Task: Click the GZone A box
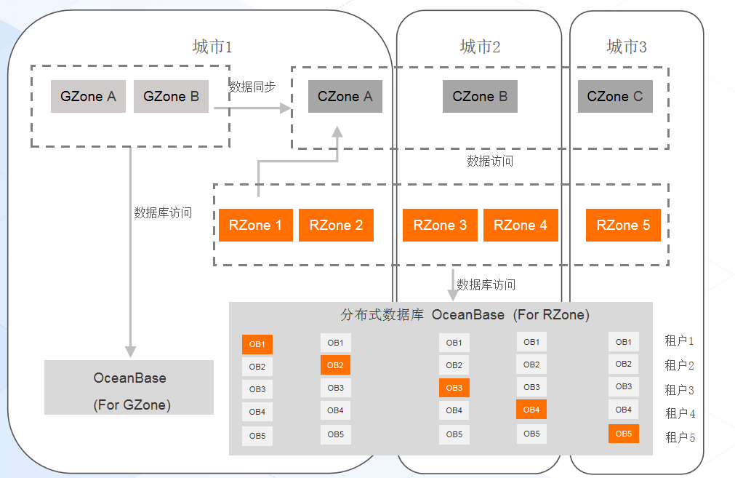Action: pos(88,96)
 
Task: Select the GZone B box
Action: pos(171,96)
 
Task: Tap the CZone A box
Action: pos(345,96)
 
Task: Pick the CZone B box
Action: pos(480,96)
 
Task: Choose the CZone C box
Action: pos(615,96)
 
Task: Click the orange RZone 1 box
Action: pos(255,225)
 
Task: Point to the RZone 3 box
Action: pos(440,225)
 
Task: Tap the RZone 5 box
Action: pos(623,225)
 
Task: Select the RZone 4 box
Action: pos(521,225)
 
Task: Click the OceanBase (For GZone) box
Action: pos(129,388)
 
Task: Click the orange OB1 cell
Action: pos(257,344)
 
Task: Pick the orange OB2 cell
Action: pos(335,365)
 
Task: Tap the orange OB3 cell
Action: pos(454,388)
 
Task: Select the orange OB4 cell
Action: pos(531,410)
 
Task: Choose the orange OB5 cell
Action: pos(624,434)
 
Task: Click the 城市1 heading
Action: pos(212,47)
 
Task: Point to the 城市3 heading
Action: pos(627,47)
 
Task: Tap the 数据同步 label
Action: pos(252,87)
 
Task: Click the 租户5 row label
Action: pos(680,437)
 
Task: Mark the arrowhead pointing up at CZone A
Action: pos(337,132)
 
